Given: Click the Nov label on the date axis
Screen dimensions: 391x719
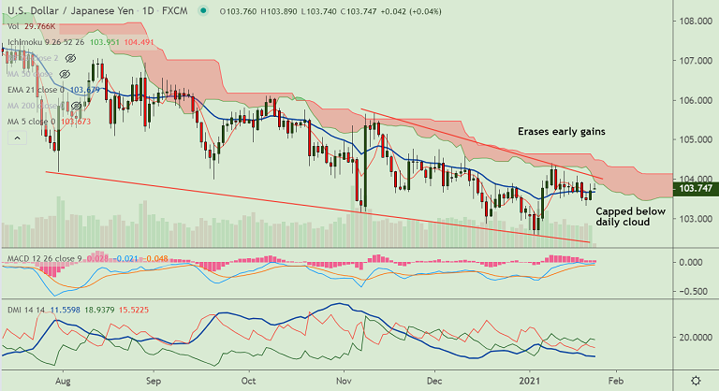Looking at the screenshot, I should point(343,382).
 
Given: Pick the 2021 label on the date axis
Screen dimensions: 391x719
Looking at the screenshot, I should point(531,382).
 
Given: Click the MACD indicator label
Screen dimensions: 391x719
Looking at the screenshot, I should point(17,256).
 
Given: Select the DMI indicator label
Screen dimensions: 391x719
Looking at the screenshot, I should point(12,308).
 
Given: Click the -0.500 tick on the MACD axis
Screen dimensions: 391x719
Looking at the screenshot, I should point(692,292).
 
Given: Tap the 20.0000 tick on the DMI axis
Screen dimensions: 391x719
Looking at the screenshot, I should point(695,337).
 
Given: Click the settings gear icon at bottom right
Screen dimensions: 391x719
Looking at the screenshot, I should point(695,381).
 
